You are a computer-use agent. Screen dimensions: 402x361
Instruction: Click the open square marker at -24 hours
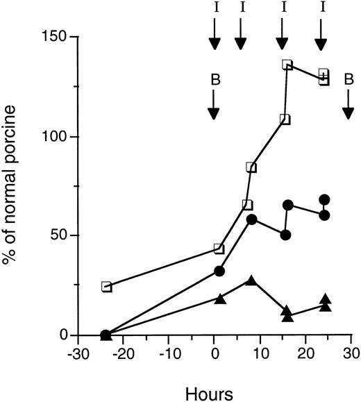(106, 287)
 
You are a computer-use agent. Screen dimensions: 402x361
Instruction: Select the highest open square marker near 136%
(287, 65)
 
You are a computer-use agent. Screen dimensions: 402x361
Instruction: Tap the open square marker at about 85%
(251, 167)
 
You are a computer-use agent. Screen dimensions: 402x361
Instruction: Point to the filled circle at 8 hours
(251, 219)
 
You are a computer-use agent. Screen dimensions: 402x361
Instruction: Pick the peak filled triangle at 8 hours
(251, 280)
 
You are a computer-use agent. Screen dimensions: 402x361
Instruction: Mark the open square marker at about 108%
(285, 119)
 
